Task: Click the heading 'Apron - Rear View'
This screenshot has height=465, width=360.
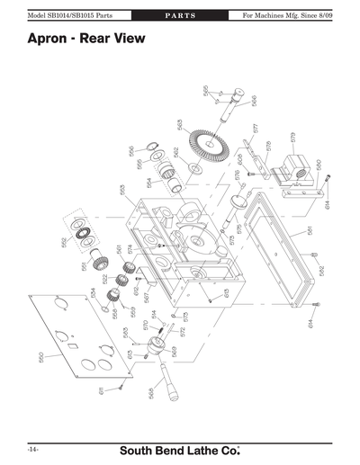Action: point(85,40)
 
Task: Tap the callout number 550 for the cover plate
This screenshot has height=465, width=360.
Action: point(40,356)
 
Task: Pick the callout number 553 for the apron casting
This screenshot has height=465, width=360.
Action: point(121,191)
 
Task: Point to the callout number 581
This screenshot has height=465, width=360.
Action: point(309,230)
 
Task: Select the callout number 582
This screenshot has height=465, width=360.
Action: point(321,270)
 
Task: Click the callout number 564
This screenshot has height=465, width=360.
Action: point(149,183)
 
